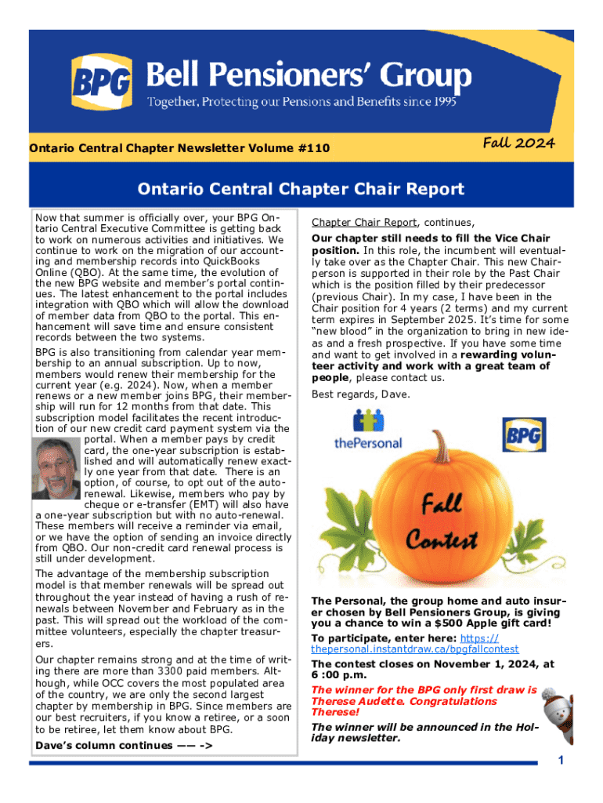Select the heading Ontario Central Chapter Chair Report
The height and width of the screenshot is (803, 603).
point(301,189)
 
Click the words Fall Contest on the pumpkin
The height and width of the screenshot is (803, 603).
point(442,522)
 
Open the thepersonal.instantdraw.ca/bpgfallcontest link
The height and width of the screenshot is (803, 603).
point(414,649)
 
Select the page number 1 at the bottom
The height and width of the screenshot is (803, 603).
point(560,760)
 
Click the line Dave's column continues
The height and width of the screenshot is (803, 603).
point(125,745)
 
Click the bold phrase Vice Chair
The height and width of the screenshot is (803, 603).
point(522,238)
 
